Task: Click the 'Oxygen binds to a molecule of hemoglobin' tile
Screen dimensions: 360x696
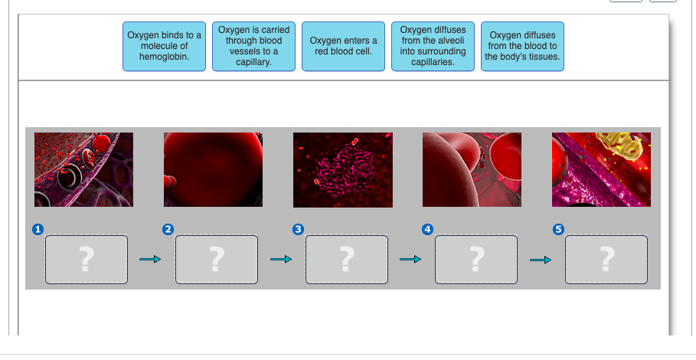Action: [164, 46]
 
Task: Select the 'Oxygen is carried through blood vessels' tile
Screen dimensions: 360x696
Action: [253, 46]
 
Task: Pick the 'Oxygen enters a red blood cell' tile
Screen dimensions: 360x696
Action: [343, 46]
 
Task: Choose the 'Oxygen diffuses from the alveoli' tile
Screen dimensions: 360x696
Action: [433, 46]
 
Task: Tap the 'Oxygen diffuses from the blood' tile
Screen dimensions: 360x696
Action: [522, 46]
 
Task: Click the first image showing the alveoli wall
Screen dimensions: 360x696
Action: [83, 169]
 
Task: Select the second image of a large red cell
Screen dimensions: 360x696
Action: [213, 169]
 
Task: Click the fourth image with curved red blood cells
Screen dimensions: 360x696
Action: [472, 169]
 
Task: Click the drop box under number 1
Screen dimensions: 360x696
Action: [87, 260]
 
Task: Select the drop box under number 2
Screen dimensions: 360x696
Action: [217, 260]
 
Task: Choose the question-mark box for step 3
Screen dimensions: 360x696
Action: [346, 260]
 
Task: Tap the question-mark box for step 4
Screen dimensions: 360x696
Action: [476, 260]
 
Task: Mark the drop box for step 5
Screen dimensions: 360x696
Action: [606, 260]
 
